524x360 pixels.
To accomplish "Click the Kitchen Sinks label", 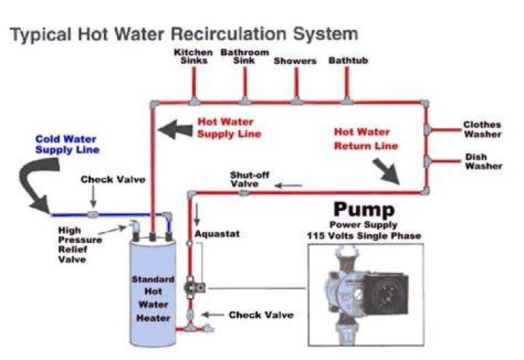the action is click(x=194, y=57).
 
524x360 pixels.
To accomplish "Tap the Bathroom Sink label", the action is click(x=245, y=57).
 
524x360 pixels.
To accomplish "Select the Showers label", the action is click(x=295, y=61).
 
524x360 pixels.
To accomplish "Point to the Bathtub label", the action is click(x=348, y=60).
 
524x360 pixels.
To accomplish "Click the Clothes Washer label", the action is click(x=483, y=129).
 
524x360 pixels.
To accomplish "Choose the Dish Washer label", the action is click(x=483, y=161).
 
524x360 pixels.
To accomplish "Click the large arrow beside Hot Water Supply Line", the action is click(x=175, y=129).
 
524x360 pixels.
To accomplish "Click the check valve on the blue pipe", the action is click(x=93, y=214).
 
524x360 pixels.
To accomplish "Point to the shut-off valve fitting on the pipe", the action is click(x=244, y=193).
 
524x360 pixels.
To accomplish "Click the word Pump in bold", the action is click(x=364, y=209).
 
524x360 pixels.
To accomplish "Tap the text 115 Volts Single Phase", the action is click(x=364, y=236).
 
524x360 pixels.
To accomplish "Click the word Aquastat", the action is click(x=217, y=233).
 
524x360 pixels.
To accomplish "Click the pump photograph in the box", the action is click(x=366, y=295).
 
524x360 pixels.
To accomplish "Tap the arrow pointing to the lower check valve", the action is click(x=213, y=315).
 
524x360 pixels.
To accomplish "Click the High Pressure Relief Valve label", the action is click(x=80, y=245).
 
